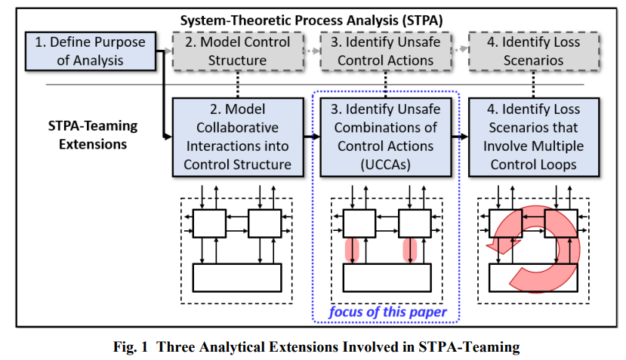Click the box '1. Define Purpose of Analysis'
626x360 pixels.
[x=90, y=51]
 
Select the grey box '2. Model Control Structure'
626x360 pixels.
[x=238, y=51]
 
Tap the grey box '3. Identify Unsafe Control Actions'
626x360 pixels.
[x=386, y=51]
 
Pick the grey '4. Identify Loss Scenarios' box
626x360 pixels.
[x=534, y=51]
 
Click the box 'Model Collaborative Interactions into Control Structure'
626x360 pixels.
[x=238, y=137]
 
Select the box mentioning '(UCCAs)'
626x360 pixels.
[x=386, y=137]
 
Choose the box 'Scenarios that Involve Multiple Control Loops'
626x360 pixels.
[x=534, y=137]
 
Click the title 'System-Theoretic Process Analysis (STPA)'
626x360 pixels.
[x=311, y=20]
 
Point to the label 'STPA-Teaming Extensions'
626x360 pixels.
[x=93, y=135]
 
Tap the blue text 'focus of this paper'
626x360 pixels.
[x=387, y=312]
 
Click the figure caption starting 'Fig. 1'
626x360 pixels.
[x=316, y=346]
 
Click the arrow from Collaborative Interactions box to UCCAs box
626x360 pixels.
[x=312, y=137]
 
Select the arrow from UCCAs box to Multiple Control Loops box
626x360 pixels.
[x=460, y=137]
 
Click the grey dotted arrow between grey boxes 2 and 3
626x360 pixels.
[x=312, y=51]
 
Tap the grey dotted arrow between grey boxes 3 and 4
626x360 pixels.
[x=460, y=49]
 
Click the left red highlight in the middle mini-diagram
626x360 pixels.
[x=352, y=251]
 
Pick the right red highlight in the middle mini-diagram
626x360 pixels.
[x=410, y=251]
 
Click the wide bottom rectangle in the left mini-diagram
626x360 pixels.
[x=237, y=278]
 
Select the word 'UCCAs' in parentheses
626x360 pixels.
[x=386, y=165]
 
